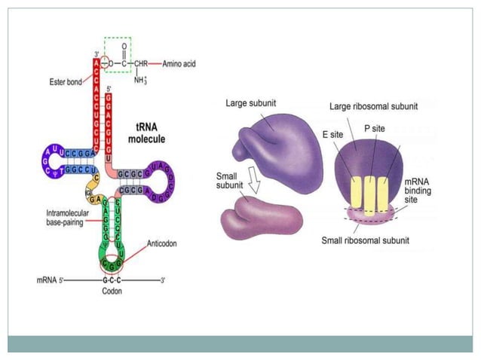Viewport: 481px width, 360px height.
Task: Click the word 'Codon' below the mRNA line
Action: [x=112, y=291]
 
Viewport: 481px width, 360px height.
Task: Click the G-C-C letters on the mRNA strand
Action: [x=112, y=279]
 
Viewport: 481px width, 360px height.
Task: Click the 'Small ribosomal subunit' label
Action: [x=365, y=241]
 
